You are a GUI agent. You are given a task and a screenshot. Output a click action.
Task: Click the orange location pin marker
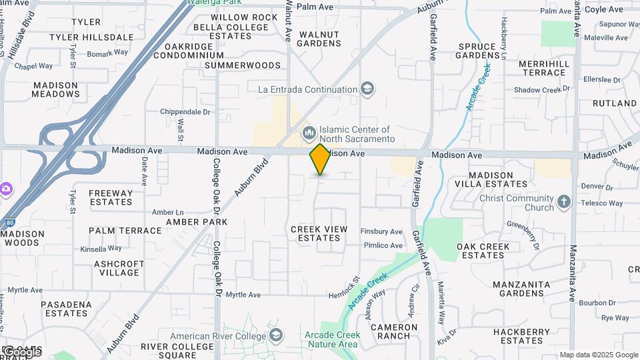click(320, 159)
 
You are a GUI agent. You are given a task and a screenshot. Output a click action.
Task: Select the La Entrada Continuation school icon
click(367, 89)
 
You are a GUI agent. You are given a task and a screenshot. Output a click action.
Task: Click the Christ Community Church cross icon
click(564, 202)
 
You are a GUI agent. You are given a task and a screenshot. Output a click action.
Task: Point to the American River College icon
click(275, 335)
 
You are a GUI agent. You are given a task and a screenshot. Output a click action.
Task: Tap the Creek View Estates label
click(319, 233)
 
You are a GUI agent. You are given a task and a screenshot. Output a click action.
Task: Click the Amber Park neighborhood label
click(197, 221)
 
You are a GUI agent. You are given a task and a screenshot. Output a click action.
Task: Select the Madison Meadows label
click(56, 89)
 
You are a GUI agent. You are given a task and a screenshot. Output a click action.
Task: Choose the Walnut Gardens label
click(319, 39)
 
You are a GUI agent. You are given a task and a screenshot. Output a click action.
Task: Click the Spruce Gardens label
click(487, 51)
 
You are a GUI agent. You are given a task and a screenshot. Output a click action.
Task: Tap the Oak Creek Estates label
click(483, 251)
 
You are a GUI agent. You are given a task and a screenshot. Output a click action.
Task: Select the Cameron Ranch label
click(394, 331)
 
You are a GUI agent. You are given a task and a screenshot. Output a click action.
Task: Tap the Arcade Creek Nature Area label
click(331, 339)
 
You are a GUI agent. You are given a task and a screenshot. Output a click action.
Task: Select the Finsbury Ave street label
click(381, 231)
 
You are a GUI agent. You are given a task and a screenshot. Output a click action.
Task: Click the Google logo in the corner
click(22, 351)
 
